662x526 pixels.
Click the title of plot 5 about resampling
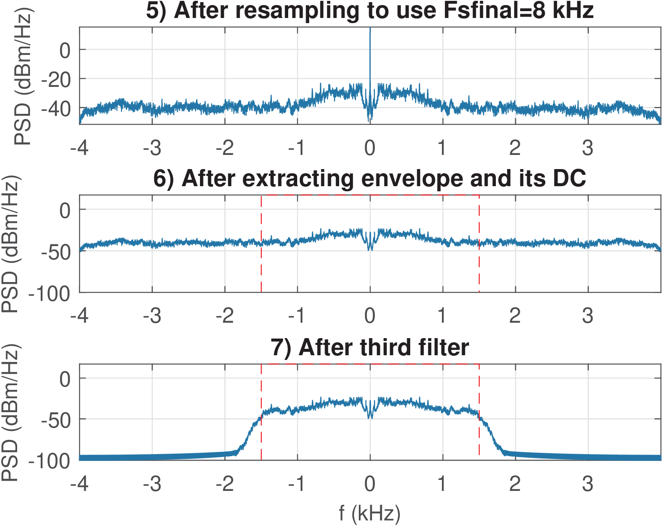[x=370, y=11]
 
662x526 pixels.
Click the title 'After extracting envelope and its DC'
[x=370, y=178]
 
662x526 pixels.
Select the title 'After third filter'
[x=370, y=347]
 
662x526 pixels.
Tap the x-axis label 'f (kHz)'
[x=370, y=513]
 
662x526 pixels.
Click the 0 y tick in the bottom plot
[x=65, y=379]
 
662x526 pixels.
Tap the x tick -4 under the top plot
[x=79, y=148]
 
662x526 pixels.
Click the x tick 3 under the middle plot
[x=587, y=316]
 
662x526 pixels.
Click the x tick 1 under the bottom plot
[x=442, y=484]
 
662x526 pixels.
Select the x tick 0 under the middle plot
[x=370, y=316]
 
